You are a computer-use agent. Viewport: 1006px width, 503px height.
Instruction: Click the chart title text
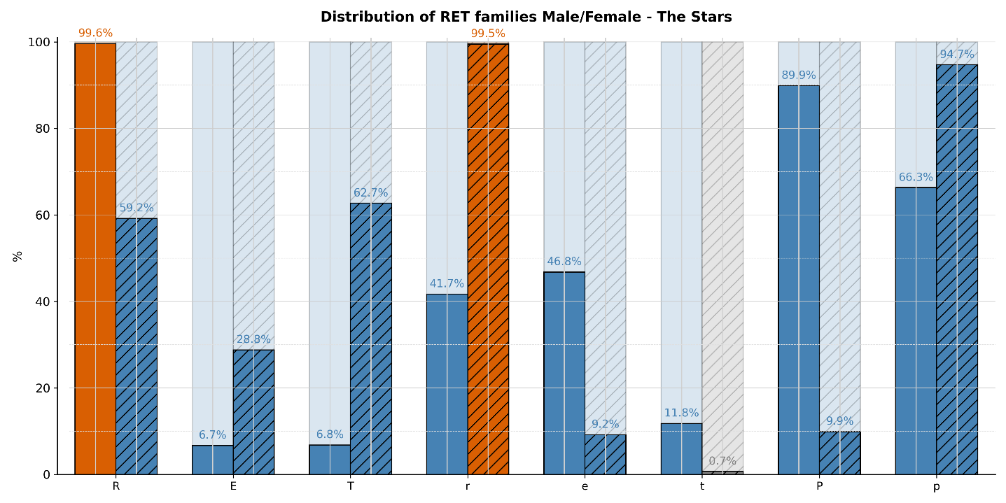[526, 17]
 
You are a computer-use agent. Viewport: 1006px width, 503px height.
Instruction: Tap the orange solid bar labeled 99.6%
[95, 259]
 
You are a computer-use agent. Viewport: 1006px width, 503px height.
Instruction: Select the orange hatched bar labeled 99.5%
[488, 259]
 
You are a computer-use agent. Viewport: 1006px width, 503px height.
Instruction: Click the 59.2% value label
[137, 208]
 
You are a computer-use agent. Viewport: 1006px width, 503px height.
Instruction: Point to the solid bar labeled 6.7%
[213, 460]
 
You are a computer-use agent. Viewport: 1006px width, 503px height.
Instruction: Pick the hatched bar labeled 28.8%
[253, 412]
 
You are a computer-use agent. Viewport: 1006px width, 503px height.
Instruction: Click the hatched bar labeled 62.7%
[371, 339]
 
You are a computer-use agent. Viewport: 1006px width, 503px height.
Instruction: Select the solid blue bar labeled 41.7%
[447, 384]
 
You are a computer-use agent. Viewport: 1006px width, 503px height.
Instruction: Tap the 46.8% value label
[564, 262]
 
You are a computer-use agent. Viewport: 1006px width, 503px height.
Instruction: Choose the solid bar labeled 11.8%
[681, 448]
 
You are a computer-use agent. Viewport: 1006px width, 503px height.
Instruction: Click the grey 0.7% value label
[722, 461]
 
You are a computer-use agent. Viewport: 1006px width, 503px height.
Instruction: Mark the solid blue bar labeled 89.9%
[799, 280]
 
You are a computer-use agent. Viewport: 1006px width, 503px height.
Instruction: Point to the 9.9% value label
[839, 421]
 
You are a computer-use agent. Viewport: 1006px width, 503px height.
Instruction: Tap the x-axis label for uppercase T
[350, 486]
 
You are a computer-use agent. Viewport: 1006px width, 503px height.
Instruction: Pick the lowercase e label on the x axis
[585, 486]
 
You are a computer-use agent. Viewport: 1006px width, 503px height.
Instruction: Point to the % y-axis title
[18, 256]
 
